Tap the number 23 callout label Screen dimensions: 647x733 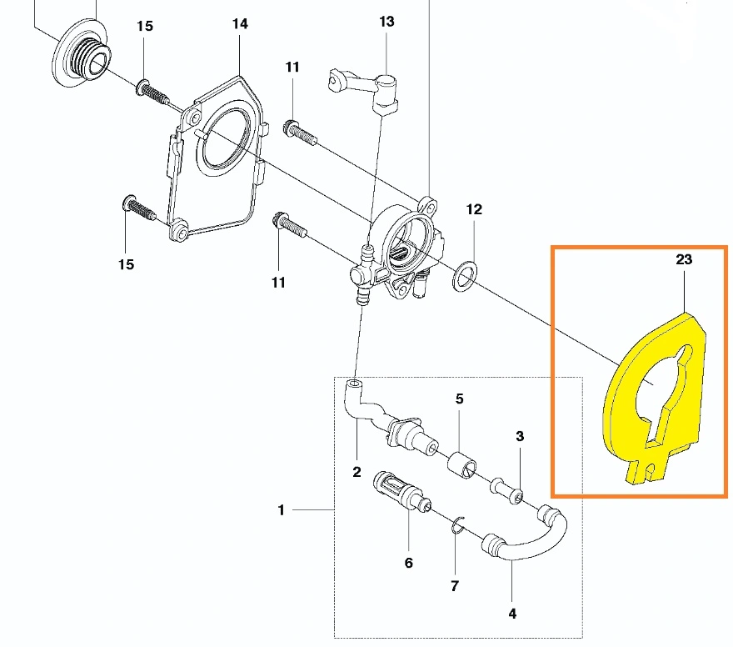684,260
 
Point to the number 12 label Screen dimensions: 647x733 474,210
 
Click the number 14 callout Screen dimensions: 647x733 240,24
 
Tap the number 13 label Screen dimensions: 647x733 386,22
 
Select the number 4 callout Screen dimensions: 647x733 512,614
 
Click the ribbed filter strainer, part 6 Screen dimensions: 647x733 396,489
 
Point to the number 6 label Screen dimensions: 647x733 408,563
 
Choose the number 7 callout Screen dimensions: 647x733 455,586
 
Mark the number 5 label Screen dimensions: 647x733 459,399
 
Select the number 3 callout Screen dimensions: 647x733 520,436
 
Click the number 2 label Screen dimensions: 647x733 357,473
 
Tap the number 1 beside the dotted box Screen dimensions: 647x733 282,509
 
